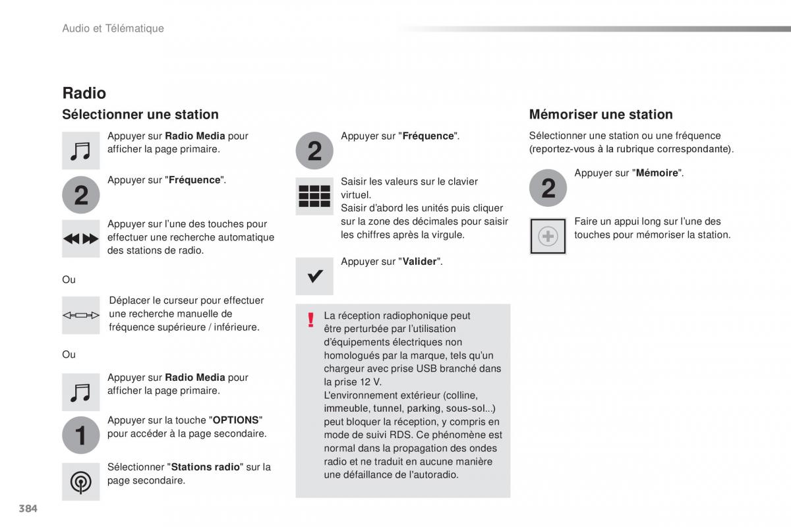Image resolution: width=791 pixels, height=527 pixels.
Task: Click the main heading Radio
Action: click(84, 93)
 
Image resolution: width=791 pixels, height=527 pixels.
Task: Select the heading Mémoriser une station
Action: click(601, 115)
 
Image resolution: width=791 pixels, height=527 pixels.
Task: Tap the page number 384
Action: click(28, 509)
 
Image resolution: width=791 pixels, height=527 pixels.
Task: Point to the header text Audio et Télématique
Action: click(113, 28)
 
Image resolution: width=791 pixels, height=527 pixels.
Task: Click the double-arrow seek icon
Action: click(81, 238)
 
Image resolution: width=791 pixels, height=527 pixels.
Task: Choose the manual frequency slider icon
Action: click(81, 316)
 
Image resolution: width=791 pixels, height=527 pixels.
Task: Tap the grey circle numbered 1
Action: click(81, 435)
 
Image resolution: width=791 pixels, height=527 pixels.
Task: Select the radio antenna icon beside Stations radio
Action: click(81, 482)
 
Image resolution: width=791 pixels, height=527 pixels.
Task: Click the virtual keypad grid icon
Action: click(314, 196)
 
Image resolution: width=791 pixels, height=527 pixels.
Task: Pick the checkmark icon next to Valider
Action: click(314, 276)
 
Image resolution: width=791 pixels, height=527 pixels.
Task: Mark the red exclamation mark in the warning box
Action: click(310, 320)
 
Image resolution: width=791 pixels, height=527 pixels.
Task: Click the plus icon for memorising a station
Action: click(548, 236)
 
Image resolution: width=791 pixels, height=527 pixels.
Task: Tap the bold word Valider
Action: click(419, 262)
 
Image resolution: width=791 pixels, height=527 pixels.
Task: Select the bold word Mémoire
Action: click(657, 173)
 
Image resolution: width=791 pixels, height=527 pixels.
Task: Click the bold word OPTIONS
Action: click(236, 420)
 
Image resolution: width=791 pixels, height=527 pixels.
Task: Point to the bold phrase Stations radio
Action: click(206, 467)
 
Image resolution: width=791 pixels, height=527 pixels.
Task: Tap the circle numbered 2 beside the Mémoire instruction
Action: click(548, 188)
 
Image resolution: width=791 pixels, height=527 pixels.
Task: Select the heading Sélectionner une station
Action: click(140, 115)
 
